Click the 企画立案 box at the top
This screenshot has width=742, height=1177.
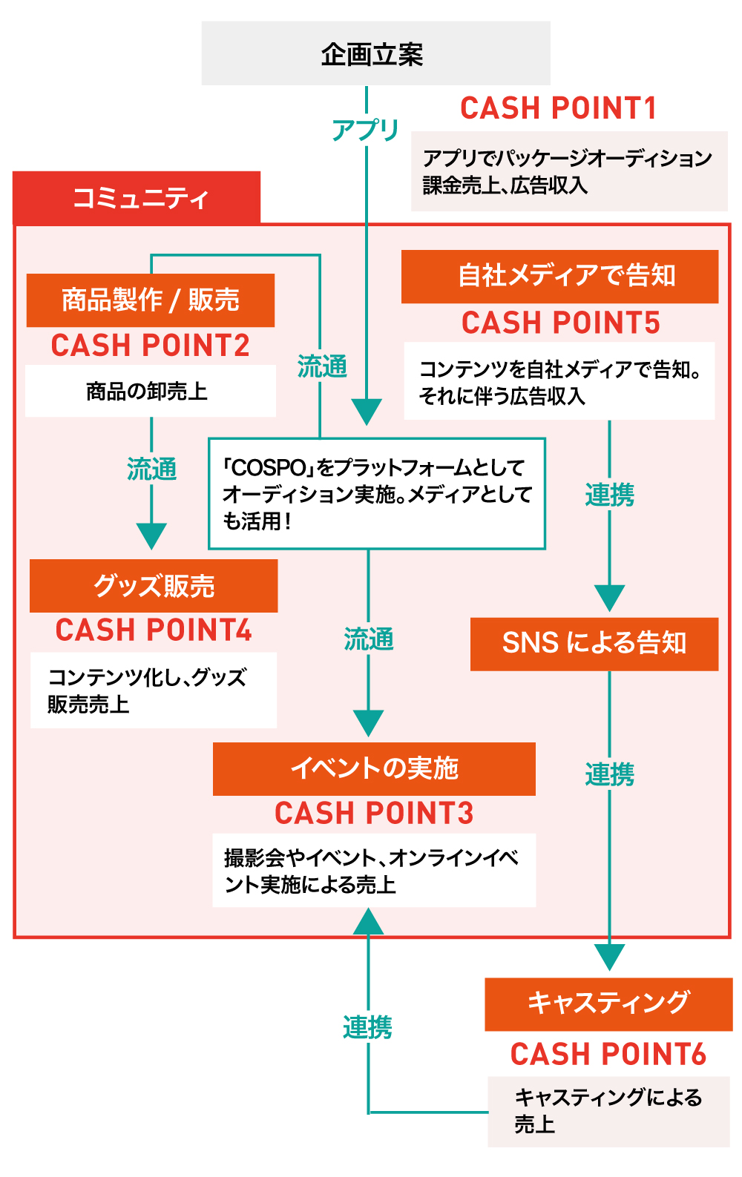375,53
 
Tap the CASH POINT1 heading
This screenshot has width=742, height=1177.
558,108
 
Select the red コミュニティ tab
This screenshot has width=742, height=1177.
137,198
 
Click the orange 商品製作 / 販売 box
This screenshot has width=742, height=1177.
151,300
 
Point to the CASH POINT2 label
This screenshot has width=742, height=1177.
151,346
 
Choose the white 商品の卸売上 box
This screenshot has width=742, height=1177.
151,391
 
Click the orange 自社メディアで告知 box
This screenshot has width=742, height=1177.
559,277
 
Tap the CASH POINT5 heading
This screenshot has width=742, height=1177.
560,323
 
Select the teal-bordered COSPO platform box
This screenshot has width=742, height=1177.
377,494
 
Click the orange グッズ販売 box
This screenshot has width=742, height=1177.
154,586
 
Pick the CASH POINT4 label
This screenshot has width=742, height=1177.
154,630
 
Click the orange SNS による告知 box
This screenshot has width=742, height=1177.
594,644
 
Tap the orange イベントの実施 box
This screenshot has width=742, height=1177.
374,768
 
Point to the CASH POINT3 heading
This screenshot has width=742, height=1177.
374,814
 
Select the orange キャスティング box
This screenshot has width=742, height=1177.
608,1004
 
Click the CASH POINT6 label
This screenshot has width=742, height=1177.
608,1055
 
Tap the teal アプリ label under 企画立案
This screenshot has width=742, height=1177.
366,130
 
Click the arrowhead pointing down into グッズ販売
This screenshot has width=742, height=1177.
151,535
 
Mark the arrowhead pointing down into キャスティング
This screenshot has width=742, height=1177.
609,957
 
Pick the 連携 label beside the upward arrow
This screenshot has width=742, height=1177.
367,1028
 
